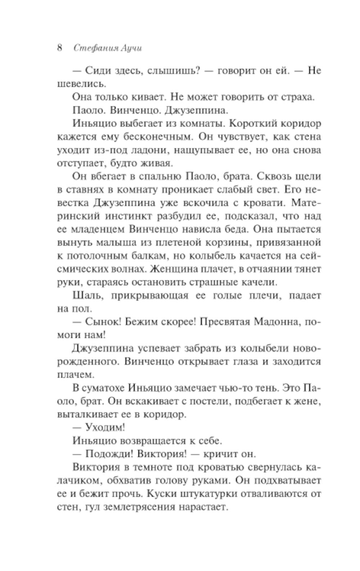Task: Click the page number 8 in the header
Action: coord(60,48)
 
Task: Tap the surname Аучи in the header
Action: coord(130,48)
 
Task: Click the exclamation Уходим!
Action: coord(105,428)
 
